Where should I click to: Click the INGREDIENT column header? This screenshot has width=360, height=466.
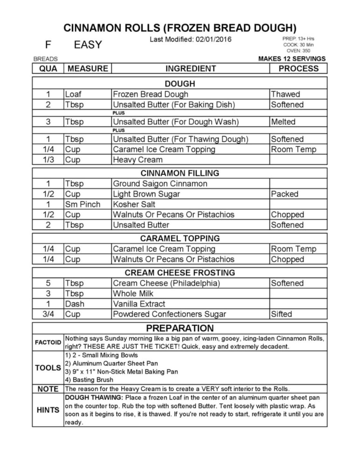(190, 68)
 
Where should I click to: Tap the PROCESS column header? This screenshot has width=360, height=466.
(298, 68)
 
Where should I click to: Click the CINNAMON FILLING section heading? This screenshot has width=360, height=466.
(180, 173)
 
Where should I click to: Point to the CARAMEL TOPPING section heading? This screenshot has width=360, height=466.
(180, 238)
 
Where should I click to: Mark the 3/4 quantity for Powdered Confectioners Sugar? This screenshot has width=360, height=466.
(48, 314)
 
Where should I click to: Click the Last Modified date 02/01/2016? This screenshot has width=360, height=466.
(190, 40)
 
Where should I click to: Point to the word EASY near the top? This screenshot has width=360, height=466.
(88, 45)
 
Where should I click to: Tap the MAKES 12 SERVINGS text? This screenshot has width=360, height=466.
(292, 59)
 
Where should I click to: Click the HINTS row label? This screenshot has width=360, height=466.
(48, 410)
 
